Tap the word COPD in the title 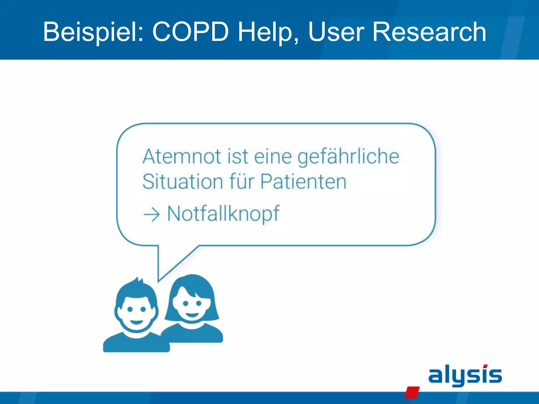(x=190, y=32)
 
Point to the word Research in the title (x=429, y=32)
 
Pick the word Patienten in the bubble (x=303, y=182)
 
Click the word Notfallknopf (x=223, y=214)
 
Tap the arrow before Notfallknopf (x=152, y=214)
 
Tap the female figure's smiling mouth (x=192, y=315)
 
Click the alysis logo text (x=465, y=375)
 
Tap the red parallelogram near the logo (x=412, y=392)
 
